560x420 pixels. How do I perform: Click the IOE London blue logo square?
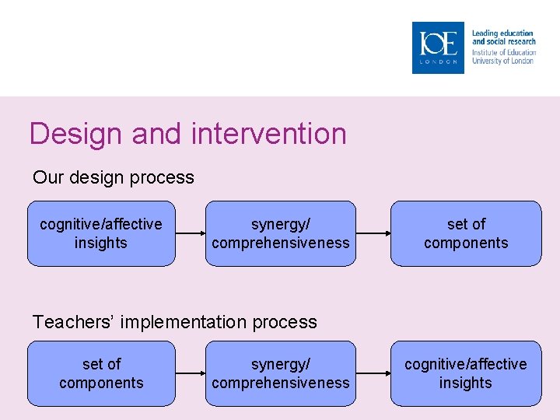click(x=438, y=47)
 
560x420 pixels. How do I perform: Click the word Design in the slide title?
click(x=76, y=134)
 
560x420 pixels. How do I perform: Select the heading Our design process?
click(x=114, y=177)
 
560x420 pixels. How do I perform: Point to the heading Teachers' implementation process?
click(x=175, y=322)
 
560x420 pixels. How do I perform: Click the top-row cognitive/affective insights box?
click(x=101, y=233)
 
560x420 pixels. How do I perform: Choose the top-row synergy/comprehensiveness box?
click(x=280, y=233)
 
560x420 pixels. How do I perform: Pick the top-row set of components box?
click(x=466, y=233)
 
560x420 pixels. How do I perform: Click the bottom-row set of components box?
click(x=101, y=373)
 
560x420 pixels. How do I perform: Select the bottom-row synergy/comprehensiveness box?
click(x=280, y=373)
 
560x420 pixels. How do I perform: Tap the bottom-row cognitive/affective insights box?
click(x=466, y=373)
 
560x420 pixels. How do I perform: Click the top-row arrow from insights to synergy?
click(x=190, y=233)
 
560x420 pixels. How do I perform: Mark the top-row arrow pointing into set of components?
click(x=373, y=233)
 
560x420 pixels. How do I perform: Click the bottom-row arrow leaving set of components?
click(x=190, y=373)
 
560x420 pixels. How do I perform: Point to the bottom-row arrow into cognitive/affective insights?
click(x=373, y=373)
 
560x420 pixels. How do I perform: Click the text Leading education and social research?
click(x=503, y=37)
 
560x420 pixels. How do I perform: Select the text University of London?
click(x=503, y=61)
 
